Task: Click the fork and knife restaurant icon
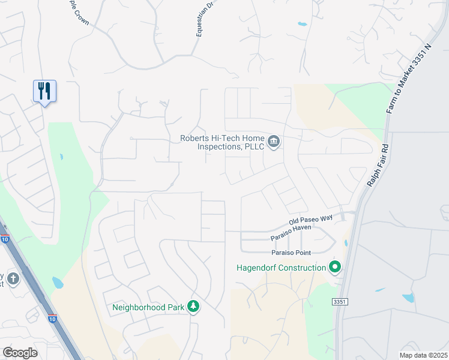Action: (44, 91)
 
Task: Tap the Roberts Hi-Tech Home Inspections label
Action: (222, 142)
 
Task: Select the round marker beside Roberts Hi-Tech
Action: (274, 142)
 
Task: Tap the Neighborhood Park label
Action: (148, 307)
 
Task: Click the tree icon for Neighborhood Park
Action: (193, 307)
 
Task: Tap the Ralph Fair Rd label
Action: (377, 165)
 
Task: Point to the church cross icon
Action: (13, 278)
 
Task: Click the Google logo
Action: (20, 353)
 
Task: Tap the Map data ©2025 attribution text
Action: (423, 355)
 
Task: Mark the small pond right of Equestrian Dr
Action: (302, 25)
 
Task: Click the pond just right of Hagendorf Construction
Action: (346, 244)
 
